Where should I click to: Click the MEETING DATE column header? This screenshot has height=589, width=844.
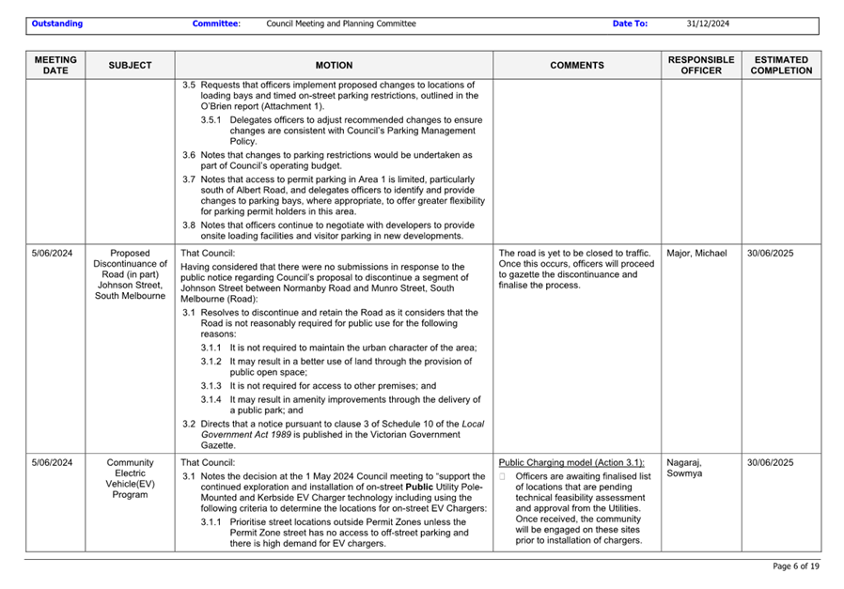[55, 65]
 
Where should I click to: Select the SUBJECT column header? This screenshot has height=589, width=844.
[129, 66]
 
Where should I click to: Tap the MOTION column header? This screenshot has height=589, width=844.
[334, 66]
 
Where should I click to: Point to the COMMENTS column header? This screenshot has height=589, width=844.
[576, 66]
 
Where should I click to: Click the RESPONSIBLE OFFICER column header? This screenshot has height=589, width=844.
[700, 65]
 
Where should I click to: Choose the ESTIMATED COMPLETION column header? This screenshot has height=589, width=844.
[781, 65]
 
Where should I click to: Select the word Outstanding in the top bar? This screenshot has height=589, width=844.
[56, 23]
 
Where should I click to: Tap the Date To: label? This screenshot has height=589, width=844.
[630, 23]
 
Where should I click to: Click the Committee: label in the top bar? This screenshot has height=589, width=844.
[216, 23]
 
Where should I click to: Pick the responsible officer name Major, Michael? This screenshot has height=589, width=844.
[696, 254]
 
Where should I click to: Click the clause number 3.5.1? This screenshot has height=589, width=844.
[211, 120]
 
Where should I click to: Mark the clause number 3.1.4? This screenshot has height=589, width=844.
[211, 399]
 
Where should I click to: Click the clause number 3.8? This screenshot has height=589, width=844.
[188, 225]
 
